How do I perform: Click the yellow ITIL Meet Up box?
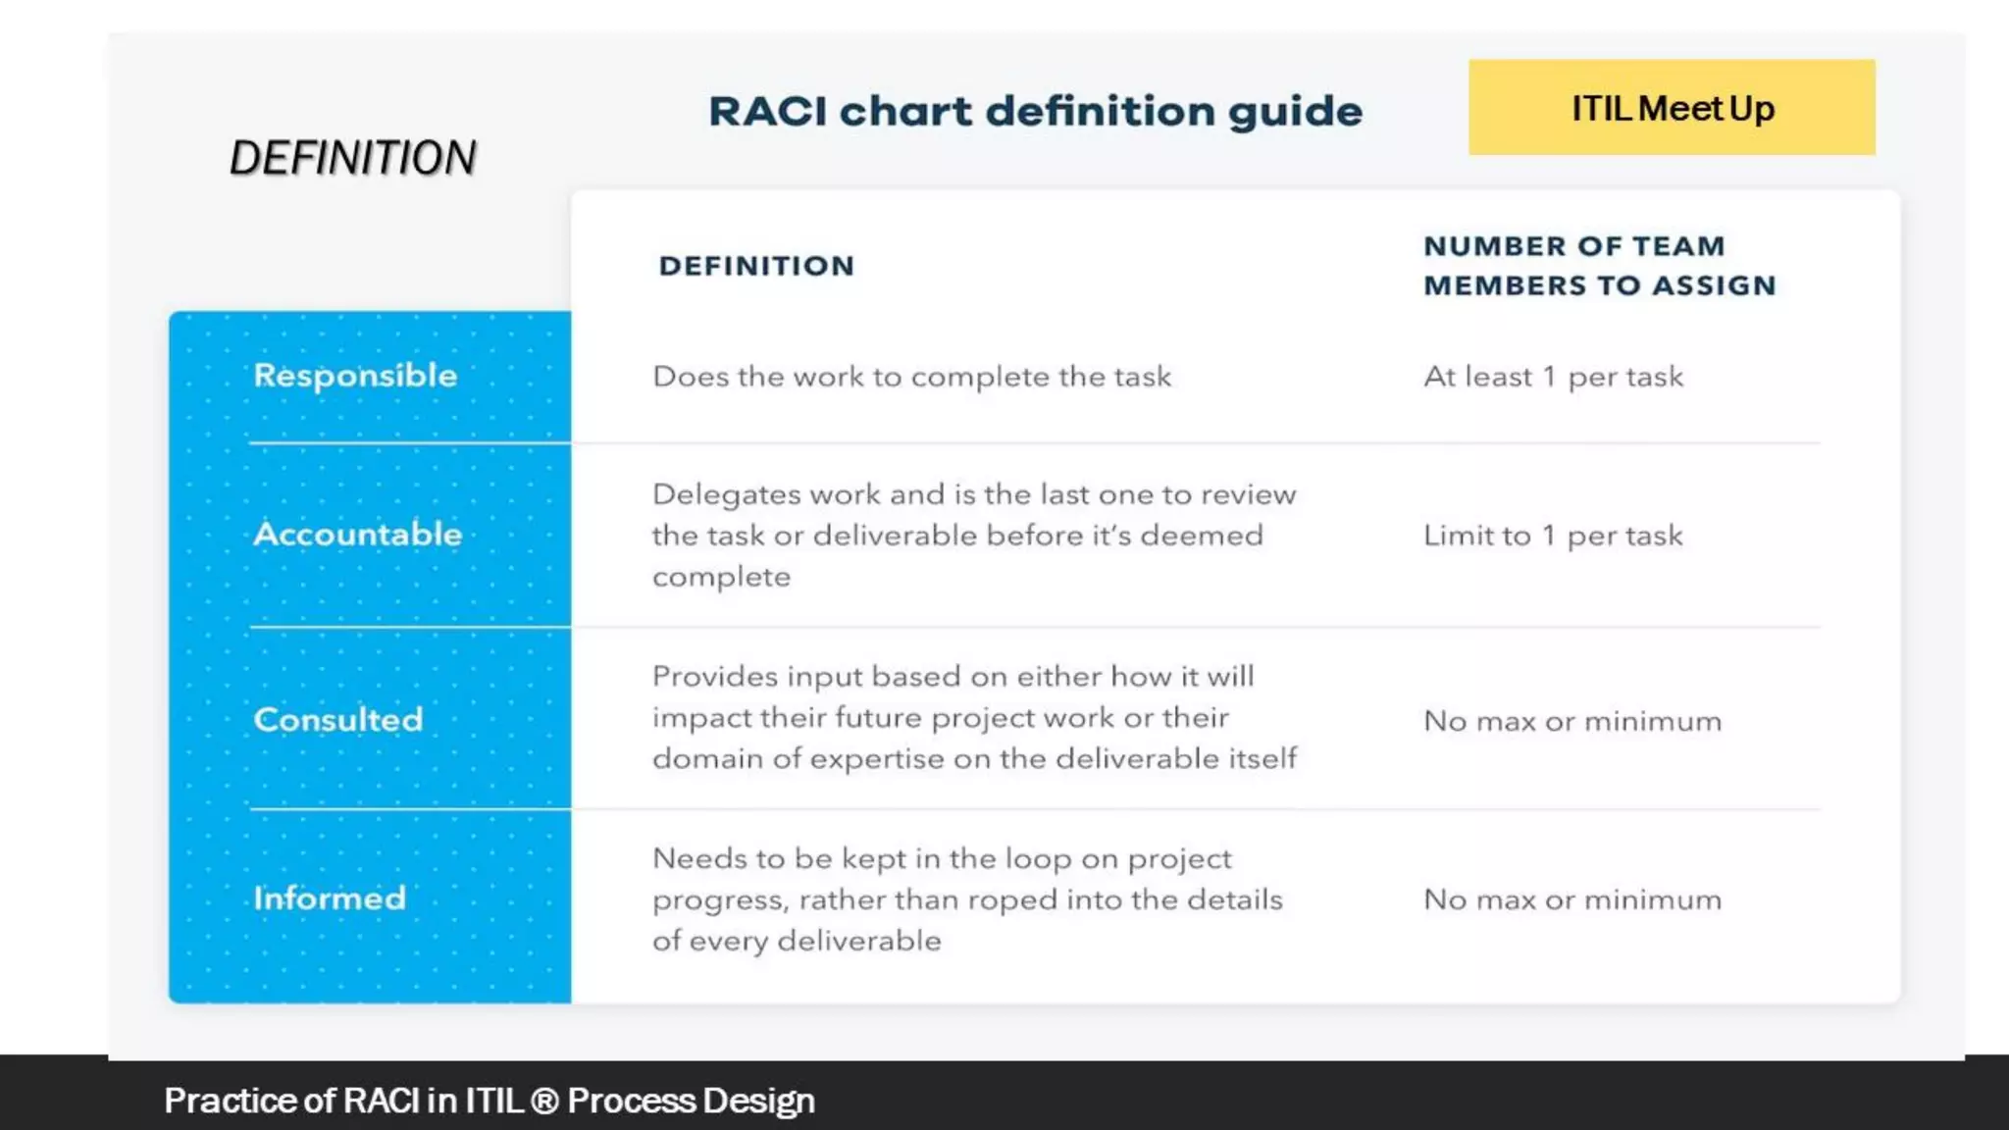tap(1672, 107)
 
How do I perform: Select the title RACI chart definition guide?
tap(1035, 111)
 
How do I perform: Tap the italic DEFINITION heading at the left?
tap(352, 158)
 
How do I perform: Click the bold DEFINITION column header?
tap(756, 266)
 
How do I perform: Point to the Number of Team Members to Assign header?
tap(1599, 266)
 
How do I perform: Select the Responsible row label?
tap(355, 376)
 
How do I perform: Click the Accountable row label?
tap(357, 535)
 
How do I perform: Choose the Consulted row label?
tap(338, 720)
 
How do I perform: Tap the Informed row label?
tap(330, 899)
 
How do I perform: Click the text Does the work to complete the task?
tap(911, 377)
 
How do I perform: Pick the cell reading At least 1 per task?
tap(1553, 377)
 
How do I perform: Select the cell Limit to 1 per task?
tap(1553, 536)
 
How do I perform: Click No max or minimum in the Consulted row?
tap(1572, 722)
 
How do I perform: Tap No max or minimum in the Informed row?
tap(1572, 900)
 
